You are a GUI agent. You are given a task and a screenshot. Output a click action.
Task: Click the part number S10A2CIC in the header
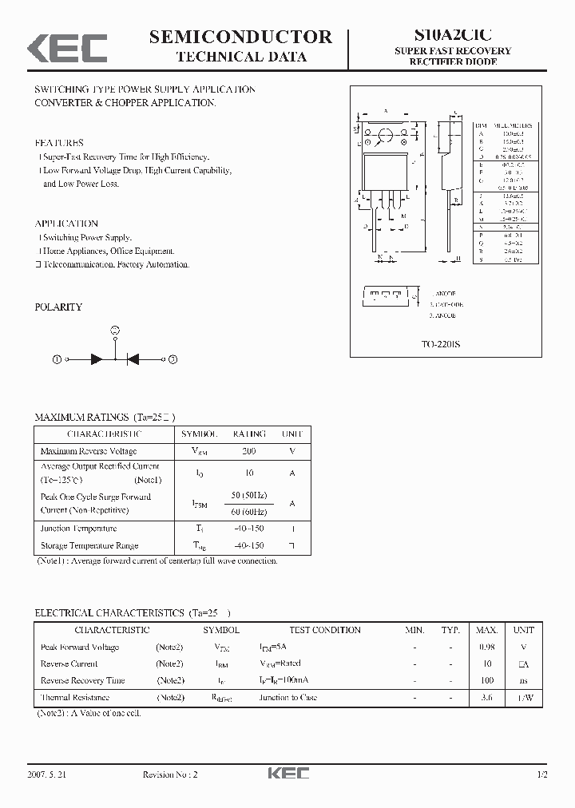click(453, 35)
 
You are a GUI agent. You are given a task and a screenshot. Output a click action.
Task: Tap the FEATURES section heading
click(59, 143)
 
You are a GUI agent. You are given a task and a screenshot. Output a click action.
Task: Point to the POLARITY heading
click(58, 307)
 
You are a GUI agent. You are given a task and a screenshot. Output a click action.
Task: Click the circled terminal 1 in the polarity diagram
click(57, 360)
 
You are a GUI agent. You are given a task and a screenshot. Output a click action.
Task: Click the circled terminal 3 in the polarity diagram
click(172, 360)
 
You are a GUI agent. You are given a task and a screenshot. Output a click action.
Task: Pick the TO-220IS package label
click(440, 343)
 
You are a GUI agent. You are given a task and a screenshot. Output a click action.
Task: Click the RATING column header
click(249, 434)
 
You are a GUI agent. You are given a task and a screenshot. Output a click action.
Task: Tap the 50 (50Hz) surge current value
click(248, 497)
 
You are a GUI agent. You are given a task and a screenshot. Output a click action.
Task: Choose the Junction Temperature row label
click(78, 529)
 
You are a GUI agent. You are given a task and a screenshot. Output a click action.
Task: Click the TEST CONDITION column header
click(325, 630)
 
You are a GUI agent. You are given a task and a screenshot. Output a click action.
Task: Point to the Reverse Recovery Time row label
click(83, 680)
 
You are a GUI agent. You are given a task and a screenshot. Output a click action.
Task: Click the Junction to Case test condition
click(287, 697)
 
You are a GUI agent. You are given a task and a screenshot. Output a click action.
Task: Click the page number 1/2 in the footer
click(542, 774)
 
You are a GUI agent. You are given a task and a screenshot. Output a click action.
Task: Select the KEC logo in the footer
click(287, 774)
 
